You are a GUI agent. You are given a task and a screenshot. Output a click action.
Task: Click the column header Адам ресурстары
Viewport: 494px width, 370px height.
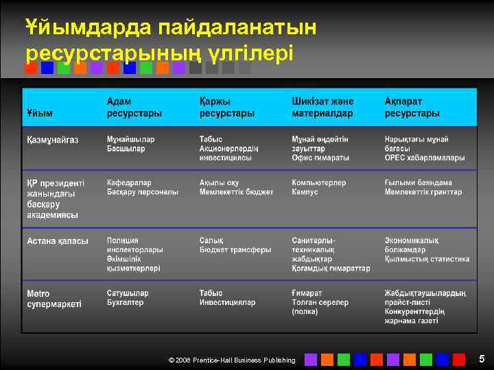pyautogui.click(x=134, y=107)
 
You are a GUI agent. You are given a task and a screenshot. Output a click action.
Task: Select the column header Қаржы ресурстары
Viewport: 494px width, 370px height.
pyautogui.click(x=226, y=107)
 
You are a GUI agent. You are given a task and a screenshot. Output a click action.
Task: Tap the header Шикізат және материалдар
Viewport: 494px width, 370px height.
pyautogui.click(x=322, y=107)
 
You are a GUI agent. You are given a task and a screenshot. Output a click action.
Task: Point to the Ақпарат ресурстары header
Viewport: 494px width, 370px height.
pyautogui.click(x=412, y=107)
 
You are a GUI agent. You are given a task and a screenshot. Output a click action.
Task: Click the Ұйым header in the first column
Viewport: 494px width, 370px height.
pyautogui.click(x=40, y=112)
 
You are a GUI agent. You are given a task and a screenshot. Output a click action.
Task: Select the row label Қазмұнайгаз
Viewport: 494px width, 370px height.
pyautogui.click(x=53, y=140)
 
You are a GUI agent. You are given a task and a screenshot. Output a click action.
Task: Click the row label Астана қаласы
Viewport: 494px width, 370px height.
pyautogui.click(x=58, y=241)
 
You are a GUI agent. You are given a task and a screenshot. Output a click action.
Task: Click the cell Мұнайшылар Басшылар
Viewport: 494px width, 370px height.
pyautogui.click(x=130, y=144)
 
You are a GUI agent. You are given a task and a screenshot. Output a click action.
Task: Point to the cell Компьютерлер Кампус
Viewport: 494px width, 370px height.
pyautogui.click(x=318, y=188)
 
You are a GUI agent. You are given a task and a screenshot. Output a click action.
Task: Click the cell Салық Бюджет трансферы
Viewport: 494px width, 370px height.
pyautogui.click(x=235, y=245)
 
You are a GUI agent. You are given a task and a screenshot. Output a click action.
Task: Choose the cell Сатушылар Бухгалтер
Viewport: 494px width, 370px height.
pyautogui.click(x=128, y=297)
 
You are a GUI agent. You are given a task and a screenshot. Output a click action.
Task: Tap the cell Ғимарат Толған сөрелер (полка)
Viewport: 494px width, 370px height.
pyautogui.click(x=320, y=302)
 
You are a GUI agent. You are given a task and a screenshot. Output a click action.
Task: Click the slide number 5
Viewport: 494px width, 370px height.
pyautogui.click(x=482, y=359)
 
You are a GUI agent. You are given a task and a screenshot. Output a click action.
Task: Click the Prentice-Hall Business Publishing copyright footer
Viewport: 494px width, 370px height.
pyautogui.click(x=232, y=360)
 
